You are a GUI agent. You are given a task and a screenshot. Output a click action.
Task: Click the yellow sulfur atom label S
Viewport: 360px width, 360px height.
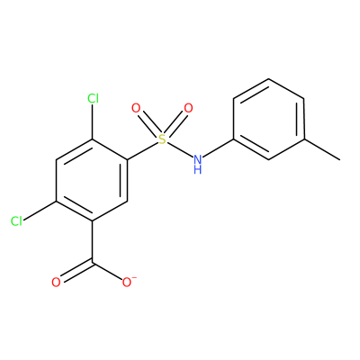click(162, 139)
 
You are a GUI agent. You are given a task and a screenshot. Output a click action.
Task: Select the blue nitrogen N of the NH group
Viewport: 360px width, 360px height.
click(197, 158)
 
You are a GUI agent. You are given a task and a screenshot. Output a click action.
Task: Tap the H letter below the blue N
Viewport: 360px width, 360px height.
click(197, 169)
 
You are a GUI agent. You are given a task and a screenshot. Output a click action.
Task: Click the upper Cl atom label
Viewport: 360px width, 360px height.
click(93, 98)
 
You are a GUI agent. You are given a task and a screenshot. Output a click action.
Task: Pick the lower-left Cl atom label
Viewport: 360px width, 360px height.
click(16, 221)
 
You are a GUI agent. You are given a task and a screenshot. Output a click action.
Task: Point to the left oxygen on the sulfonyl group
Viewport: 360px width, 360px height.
click(136, 108)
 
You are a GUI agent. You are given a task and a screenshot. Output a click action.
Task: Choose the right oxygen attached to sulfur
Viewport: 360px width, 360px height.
click(188, 108)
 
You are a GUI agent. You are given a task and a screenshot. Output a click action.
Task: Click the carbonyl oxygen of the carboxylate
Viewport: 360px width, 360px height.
click(56, 283)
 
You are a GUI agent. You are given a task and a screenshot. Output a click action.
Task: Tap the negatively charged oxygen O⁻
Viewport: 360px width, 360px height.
click(127, 283)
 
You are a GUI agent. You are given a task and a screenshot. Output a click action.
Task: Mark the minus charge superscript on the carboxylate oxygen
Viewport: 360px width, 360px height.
click(134, 278)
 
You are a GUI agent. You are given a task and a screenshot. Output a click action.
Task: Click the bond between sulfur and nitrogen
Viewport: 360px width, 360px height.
click(179, 148)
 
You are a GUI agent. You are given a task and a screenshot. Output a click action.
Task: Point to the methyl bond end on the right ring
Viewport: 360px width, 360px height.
click(340, 160)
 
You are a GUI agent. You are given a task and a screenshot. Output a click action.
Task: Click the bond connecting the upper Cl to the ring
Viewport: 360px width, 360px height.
click(93, 121)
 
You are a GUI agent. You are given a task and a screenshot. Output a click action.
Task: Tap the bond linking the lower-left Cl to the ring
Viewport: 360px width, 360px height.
click(40, 211)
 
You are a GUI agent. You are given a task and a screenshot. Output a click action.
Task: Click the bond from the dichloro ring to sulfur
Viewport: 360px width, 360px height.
click(143, 151)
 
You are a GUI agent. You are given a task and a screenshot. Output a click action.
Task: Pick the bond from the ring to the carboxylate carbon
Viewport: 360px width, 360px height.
click(93, 241)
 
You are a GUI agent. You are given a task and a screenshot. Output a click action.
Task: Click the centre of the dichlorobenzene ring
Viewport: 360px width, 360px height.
click(93, 180)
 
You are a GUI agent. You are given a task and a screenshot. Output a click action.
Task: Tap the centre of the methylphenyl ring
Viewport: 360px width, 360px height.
click(269, 119)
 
